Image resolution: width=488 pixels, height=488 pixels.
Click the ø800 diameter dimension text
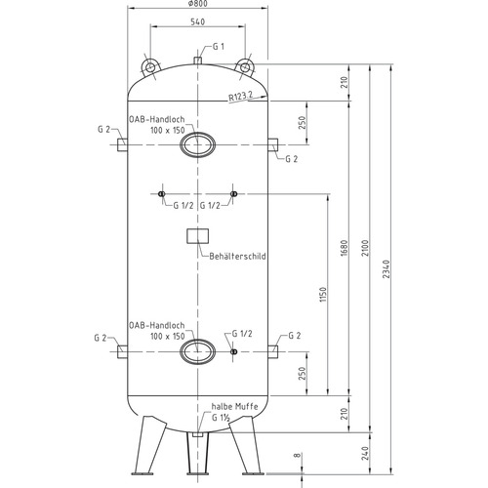pos(197,4)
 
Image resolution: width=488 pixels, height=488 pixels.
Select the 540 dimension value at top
pos(197,21)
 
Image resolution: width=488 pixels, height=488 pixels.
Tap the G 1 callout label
pos(219,47)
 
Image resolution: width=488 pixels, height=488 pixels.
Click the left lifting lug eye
pos(150,67)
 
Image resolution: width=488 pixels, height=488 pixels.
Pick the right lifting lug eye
pos(244,67)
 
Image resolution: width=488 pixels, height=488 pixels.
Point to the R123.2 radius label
pos(240,97)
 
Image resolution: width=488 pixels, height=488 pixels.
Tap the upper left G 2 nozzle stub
pos(122,144)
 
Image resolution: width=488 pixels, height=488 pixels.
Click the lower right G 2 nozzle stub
pos(272,352)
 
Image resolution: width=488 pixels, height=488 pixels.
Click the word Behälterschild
pos(237,257)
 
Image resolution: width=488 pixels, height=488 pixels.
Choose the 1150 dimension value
pos(323,295)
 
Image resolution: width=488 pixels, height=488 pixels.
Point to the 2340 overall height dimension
pos(386,268)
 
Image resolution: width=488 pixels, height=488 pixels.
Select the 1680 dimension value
pos(345,248)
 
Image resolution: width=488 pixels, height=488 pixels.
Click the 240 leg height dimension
pos(366,453)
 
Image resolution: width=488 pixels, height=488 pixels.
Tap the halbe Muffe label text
pos(234,407)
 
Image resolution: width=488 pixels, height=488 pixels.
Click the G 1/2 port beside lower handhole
pos(233,351)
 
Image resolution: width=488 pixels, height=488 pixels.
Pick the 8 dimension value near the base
pos(298,455)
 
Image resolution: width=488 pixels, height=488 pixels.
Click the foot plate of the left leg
pos(142,473)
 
